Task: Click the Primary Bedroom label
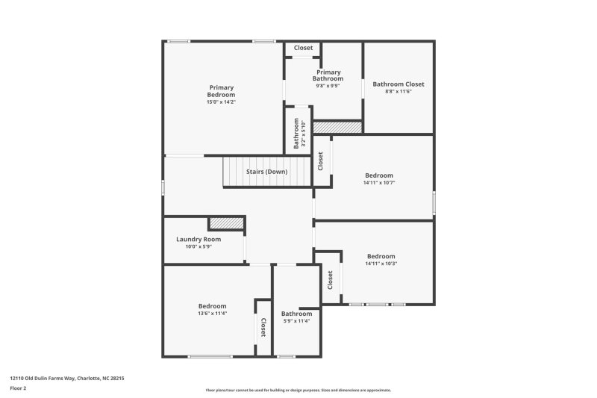(x=221, y=91)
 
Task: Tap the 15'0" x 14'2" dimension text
(x=221, y=102)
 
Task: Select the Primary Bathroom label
(x=328, y=75)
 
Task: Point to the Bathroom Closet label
(x=398, y=84)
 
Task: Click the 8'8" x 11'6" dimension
(x=398, y=92)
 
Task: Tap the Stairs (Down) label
(x=266, y=172)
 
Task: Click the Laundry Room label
(x=199, y=239)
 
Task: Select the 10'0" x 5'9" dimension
(x=199, y=246)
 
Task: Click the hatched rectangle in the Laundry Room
(x=226, y=223)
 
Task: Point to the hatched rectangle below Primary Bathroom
(x=337, y=128)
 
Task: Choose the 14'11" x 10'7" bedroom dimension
(x=378, y=183)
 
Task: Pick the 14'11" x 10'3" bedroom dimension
(x=381, y=264)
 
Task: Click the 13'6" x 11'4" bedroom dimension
(x=212, y=314)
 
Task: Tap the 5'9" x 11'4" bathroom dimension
(x=296, y=321)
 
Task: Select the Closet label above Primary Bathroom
(x=303, y=48)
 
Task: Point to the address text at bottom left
(x=66, y=379)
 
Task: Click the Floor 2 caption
(x=18, y=389)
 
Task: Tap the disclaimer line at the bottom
(x=298, y=390)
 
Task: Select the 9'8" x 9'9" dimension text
(x=328, y=85)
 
